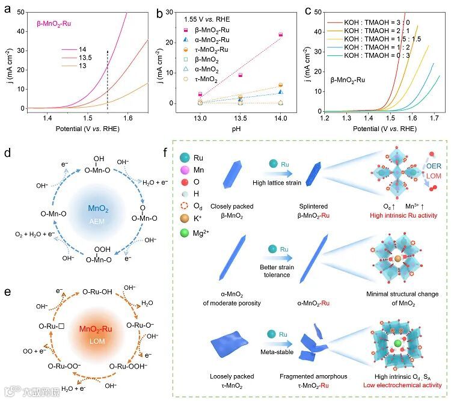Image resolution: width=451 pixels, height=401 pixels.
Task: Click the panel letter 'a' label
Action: click(7, 8)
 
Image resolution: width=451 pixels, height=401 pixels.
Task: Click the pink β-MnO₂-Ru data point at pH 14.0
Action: click(280, 35)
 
